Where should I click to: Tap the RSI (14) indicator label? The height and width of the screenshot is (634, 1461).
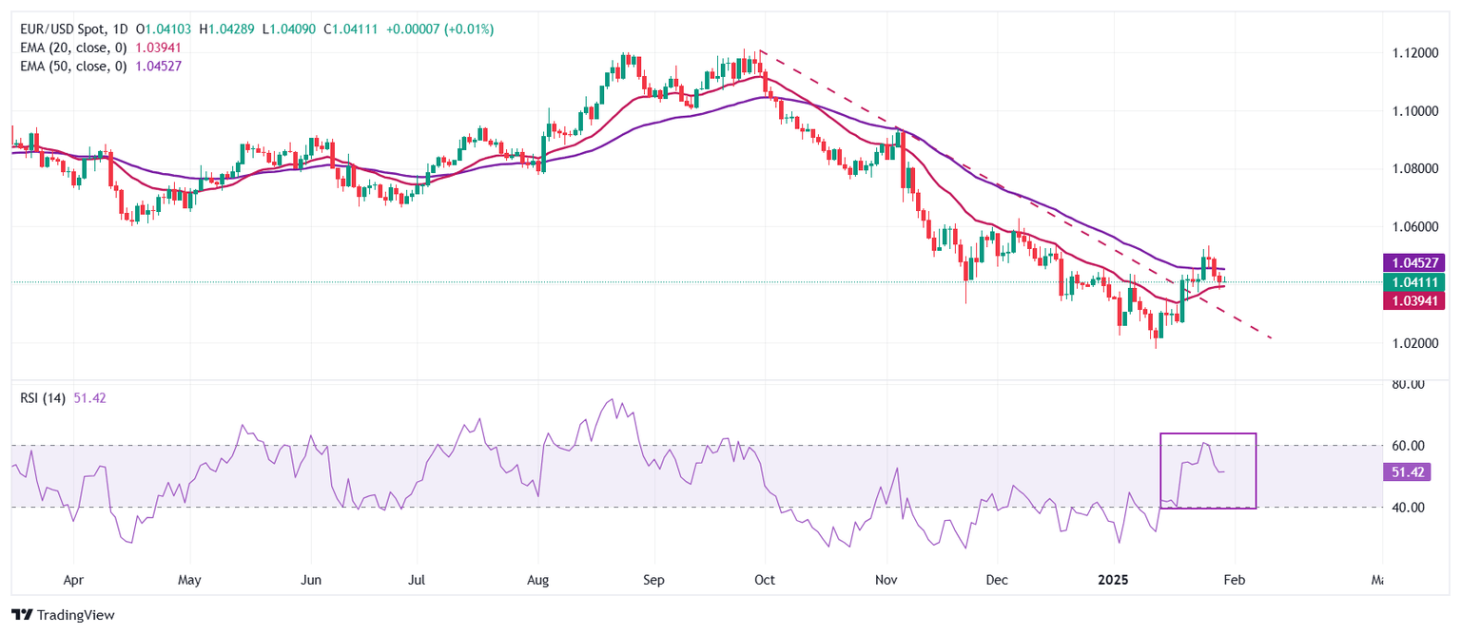pyautogui.click(x=43, y=398)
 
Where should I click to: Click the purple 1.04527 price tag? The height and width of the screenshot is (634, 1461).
pyautogui.click(x=1417, y=262)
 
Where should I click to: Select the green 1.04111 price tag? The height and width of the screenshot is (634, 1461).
pyautogui.click(x=1417, y=281)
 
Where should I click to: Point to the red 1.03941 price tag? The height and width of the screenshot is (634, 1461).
pyautogui.click(x=1417, y=300)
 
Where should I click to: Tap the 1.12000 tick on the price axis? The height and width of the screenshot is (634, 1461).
pyautogui.click(x=1408, y=52)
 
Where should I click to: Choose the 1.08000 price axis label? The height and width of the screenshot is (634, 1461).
pyautogui.click(x=1408, y=168)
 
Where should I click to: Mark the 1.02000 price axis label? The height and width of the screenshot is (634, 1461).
pyautogui.click(x=1408, y=342)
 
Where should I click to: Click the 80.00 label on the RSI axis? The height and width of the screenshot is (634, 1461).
pyautogui.click(x=1405, y=385)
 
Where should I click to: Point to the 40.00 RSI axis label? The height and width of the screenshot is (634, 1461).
pyautogui.click(x=1405, y=508)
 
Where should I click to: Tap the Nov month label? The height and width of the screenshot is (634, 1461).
pyautogui.click(x=886, y=578)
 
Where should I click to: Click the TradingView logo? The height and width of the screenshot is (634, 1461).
pyautogui.click(x=63, y=615)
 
